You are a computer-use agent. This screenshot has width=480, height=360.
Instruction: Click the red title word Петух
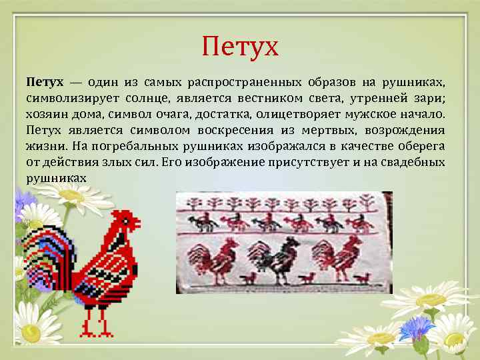point(240,47)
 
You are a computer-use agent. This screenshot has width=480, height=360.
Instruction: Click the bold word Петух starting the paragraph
point(45,83)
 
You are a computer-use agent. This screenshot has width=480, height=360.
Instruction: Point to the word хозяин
point(46,115)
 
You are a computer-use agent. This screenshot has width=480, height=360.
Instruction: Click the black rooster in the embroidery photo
point(279,260)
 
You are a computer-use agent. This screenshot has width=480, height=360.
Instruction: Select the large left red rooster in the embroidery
point(213,260)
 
